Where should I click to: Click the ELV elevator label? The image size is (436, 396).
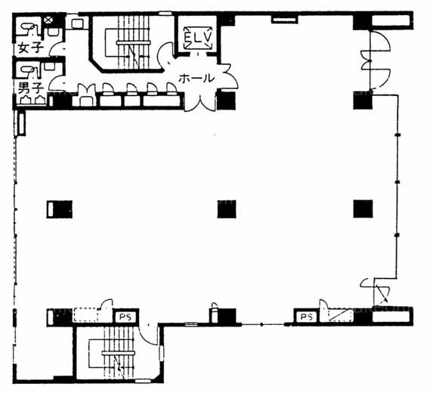point(198,37)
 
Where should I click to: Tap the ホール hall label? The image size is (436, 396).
point(196,78)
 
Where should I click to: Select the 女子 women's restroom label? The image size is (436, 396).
point(30,48)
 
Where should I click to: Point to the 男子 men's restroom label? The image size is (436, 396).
point(30,88)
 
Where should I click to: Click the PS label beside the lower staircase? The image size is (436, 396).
point(125,317)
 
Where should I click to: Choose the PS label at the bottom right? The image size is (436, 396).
point(307,317)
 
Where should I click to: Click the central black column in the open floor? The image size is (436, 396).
point(227,209)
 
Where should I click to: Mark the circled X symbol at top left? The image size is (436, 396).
point(48,20)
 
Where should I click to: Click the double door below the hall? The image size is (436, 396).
point(200,102)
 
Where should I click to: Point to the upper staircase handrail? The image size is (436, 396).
point(134,42)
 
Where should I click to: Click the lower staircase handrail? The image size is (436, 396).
point(118,353)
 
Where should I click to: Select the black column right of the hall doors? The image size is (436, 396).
point(227,100)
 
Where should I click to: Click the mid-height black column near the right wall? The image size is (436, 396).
point(363,209)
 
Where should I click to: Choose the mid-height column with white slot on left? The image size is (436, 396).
point(59,209)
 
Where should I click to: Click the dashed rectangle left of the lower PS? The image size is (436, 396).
point(85,315)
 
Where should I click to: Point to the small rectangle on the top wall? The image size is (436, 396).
point(285,20)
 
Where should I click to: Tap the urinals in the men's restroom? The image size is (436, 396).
point(31,100)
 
